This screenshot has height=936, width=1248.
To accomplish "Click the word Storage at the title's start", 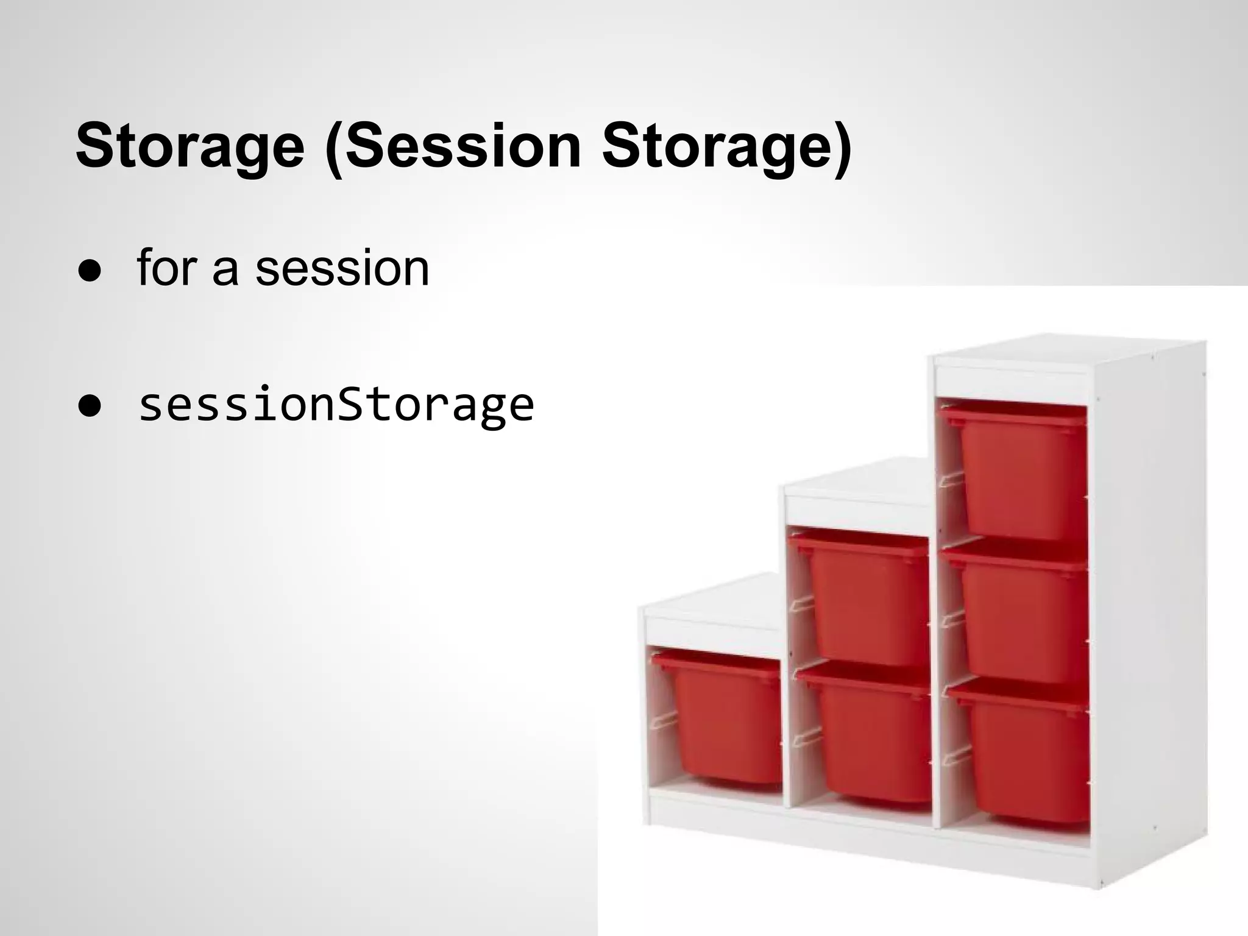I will pos(190,146).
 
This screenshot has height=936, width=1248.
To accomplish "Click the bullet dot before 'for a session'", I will pos(89,272).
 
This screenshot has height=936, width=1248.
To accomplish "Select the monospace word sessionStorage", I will pos(336,405).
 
